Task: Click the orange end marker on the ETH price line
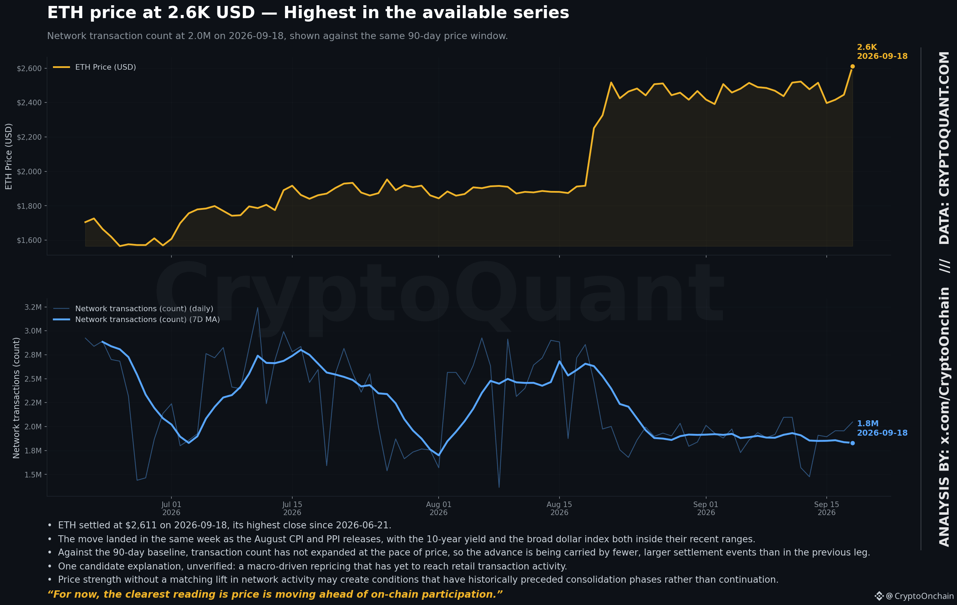click(852, 66)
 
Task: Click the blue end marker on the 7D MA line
click(852, 443)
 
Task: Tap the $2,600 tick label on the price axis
click(29, 68)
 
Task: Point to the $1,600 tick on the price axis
click(29, 240)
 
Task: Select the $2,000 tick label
click(29, 171)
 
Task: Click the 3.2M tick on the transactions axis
click(33, 307)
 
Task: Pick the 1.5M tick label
click(33, 475)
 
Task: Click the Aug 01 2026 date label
click(438, 508)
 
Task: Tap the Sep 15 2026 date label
click(826, 508)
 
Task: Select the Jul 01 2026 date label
click(171, 508)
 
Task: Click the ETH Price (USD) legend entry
click(95, 67)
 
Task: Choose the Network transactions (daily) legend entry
click(133, 308)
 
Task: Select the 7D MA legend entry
click(136, 319)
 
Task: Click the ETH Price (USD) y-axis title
click(9, 156)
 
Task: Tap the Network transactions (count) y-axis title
click(16, 398)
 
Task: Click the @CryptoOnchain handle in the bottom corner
click(920, 596)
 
